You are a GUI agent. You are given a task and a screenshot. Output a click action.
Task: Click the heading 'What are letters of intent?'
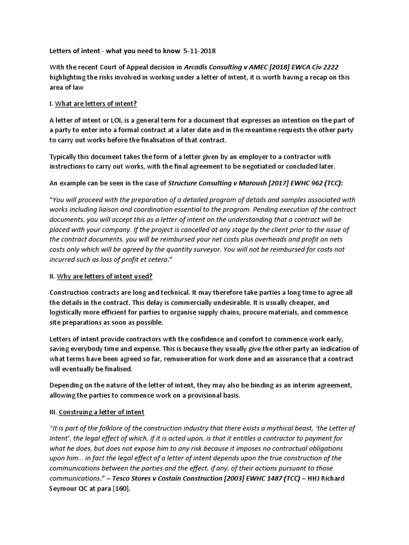pyautogui.click(x=99, y=103)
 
